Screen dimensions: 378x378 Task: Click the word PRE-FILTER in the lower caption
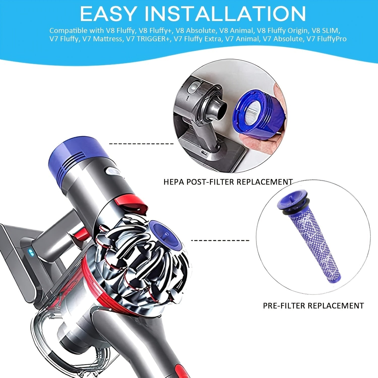click(x=284, y=306)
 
